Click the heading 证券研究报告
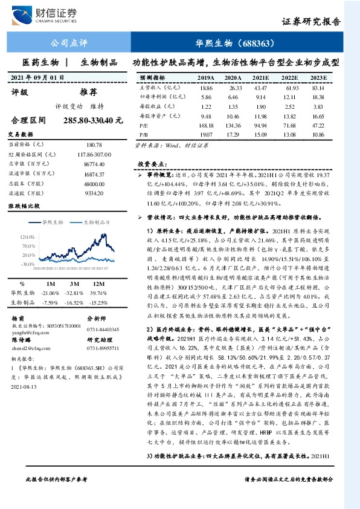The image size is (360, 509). (x=311, y=21)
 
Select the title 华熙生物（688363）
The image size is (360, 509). (x=236, y=43)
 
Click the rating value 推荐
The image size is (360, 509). (x=88, y=92)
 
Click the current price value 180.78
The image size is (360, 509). (x=95, y=145)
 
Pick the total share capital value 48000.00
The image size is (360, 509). (x=95, y=183)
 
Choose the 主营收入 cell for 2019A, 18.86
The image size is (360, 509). (x=205, y=88)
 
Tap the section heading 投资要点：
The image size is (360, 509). (x=151, y=164)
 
